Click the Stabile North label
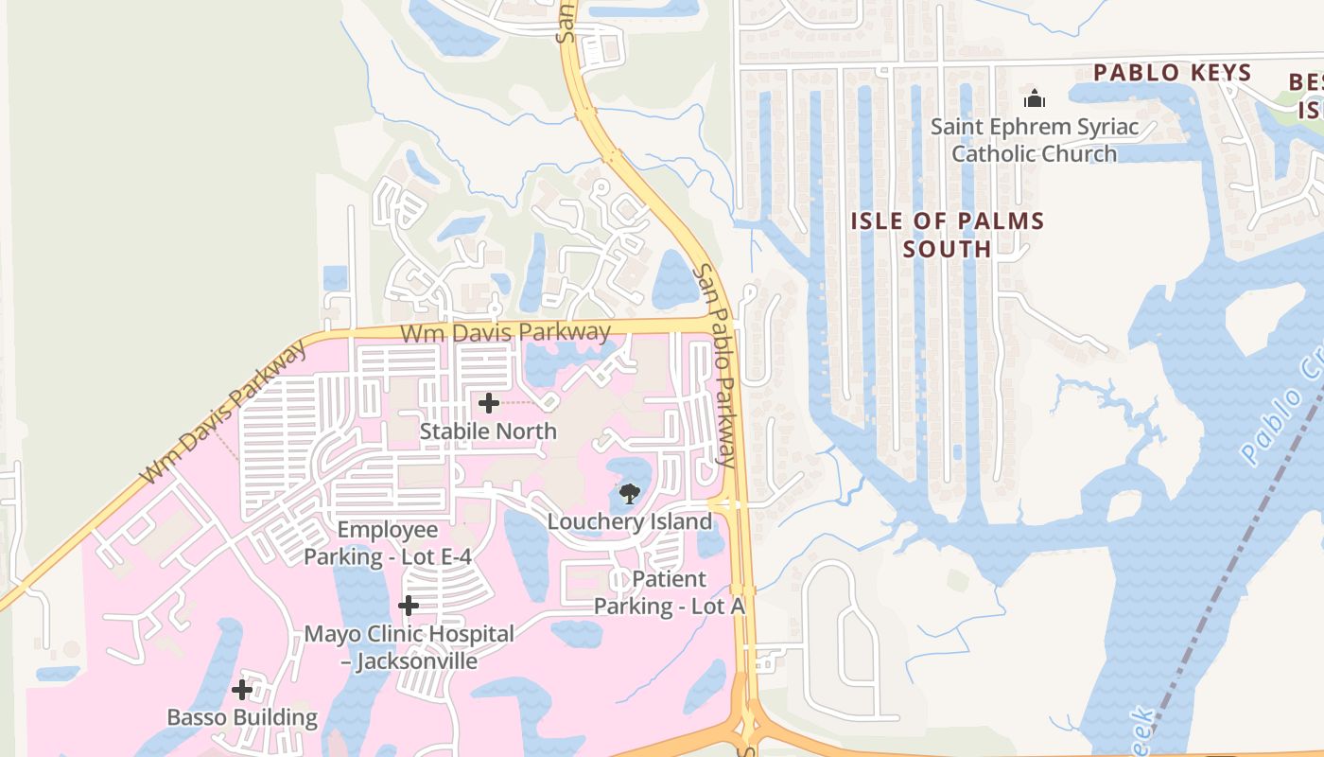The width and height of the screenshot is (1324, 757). (x=488, y=431)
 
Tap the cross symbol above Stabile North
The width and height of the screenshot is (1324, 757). (x=488, y=403)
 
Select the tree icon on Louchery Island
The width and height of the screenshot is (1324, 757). (x=629, y=493)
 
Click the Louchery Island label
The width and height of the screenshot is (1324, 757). (x=630, y=521)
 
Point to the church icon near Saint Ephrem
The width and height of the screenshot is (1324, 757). (x=1035, y=98)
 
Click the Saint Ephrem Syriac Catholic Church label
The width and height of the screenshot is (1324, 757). (x=1035, y=140)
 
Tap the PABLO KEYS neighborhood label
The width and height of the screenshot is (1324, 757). (x=1173, y=73)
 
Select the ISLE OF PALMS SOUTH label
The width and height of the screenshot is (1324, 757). (x=948, y=235)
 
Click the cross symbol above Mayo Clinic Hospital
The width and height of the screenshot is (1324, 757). (x=409, y=605)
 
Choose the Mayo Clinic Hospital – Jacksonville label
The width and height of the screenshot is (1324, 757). (x=409, y=647)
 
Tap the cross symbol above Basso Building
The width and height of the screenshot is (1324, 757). (x=242, y=690)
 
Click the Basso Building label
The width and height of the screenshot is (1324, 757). (x=242, y=717)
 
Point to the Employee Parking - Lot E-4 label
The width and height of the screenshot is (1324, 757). (x=388, y=543)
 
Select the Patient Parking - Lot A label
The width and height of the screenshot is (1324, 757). (x=670, y=592)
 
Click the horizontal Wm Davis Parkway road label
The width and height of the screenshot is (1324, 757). (x=505, y=332)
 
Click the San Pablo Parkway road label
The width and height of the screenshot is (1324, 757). (x=716, y=365)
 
